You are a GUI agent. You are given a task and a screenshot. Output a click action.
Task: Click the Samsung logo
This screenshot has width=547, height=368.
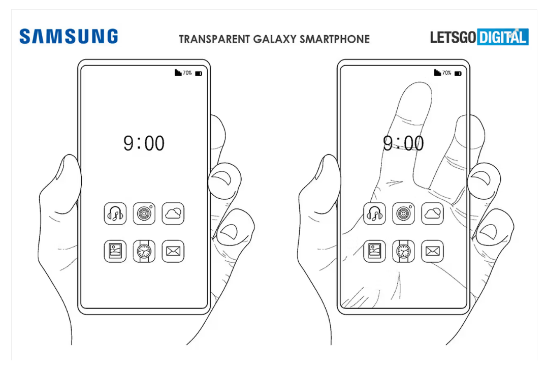click(69, 37)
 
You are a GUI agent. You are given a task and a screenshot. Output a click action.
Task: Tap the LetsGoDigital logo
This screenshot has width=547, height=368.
click(479, 37)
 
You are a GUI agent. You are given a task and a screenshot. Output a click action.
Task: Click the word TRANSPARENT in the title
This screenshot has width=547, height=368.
click(213, 39)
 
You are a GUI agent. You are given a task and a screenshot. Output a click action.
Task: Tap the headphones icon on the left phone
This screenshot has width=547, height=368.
click(115, 213)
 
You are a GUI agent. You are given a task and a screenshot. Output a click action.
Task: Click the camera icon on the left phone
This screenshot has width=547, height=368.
click(144, 213)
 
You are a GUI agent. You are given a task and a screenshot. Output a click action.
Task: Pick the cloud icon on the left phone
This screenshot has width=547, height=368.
click(173, 213)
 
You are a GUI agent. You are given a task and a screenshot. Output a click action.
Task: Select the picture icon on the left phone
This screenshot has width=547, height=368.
click(115, 251)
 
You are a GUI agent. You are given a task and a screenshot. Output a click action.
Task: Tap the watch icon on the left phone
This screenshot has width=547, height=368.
click(144, 251)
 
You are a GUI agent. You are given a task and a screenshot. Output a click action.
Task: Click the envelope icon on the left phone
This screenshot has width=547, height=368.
click(173, 251)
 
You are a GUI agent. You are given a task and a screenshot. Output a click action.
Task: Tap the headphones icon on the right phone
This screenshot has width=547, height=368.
click(375, 213)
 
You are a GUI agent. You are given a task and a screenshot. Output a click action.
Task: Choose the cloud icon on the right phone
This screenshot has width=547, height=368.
click(433, 213)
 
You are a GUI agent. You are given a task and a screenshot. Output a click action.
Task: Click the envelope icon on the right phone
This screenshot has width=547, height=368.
click(433, 251)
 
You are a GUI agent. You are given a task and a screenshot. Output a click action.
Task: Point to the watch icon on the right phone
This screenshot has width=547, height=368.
click(404, 251)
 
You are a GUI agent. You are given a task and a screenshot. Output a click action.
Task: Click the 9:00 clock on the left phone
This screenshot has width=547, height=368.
click(144, 143)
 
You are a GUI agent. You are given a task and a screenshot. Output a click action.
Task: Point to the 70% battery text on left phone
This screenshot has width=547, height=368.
click(187, 73)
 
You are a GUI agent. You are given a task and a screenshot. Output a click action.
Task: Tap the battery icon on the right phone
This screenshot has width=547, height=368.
click(458, 73)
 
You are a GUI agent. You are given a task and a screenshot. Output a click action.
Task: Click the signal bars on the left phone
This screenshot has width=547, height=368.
click(178, 73)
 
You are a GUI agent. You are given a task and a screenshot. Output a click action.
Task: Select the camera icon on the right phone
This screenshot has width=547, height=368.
click(404, 213)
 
